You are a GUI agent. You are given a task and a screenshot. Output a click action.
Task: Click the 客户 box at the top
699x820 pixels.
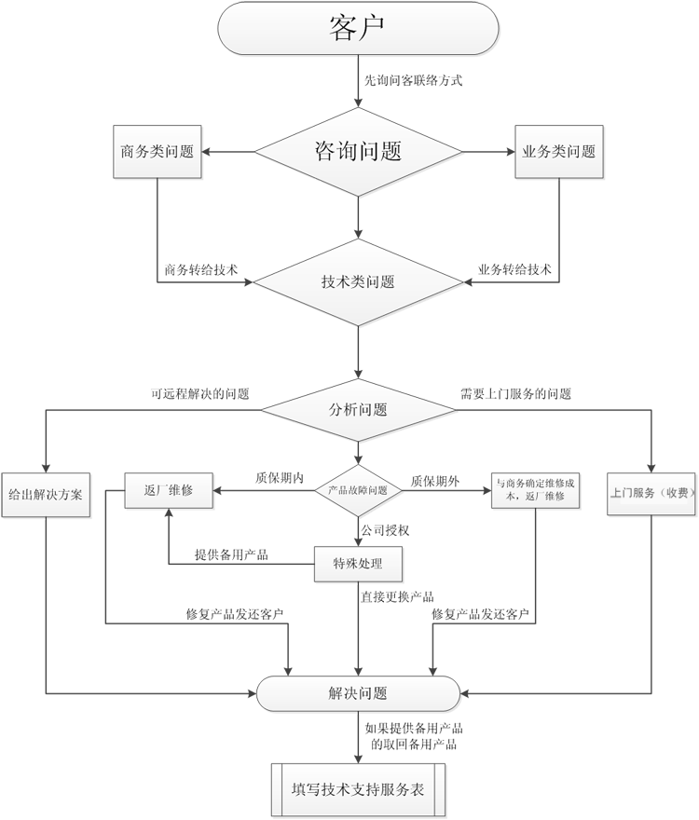[x=357, y=28]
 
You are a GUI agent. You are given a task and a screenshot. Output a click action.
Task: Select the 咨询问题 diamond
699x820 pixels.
[x=359, y=152]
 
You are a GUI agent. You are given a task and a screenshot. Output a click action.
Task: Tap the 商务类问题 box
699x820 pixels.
[x=158, y=151]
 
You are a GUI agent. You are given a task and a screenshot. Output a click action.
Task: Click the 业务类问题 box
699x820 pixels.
[x=558, y=151]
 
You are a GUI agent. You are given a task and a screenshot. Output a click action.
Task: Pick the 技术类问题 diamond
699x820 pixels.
[x=358, y=281]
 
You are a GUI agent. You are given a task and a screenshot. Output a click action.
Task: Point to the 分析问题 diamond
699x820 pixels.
[x=358, y=410]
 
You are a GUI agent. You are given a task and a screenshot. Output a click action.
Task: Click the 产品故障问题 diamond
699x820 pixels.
[x=358, y=490]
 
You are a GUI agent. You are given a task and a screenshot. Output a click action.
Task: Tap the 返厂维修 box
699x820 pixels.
[x=169, y=490]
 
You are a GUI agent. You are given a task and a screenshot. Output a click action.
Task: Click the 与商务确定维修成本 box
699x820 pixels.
[x=536, y=490]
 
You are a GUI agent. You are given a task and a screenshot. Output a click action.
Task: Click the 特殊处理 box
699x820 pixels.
[x=358, y=563]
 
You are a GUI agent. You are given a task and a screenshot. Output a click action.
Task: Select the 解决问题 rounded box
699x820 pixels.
[x=358, y=693]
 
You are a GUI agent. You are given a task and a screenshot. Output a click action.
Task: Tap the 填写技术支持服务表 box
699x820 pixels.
[x=358, y=789]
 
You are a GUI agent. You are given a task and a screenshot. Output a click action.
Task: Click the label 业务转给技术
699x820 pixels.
[x=514, y=270]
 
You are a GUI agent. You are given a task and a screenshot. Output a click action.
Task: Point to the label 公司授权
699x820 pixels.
[x=385, y=530]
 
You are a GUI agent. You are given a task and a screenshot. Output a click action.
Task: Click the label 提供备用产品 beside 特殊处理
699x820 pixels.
[x=230, y=554]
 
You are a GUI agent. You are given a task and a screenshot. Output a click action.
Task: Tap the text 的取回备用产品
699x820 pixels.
[x=414, y=745]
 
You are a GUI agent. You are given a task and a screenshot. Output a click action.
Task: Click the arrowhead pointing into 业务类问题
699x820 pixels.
[x=509, y=151]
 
